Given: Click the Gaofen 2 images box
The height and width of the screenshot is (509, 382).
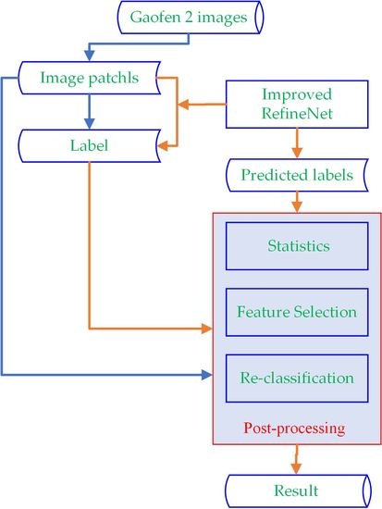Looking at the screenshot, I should pos(191,17).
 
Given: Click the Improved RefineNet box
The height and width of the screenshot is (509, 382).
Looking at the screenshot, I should pos(296,106).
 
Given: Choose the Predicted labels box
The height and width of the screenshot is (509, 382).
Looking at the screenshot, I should pos(296,174).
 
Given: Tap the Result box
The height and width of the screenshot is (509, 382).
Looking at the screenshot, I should pos(296,490).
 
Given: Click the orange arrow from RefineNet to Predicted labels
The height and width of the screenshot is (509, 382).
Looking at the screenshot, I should pos(296,141).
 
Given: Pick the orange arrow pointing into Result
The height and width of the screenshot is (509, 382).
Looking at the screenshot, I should pos(296,457).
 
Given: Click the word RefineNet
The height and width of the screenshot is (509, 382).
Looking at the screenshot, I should pos(296,116).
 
